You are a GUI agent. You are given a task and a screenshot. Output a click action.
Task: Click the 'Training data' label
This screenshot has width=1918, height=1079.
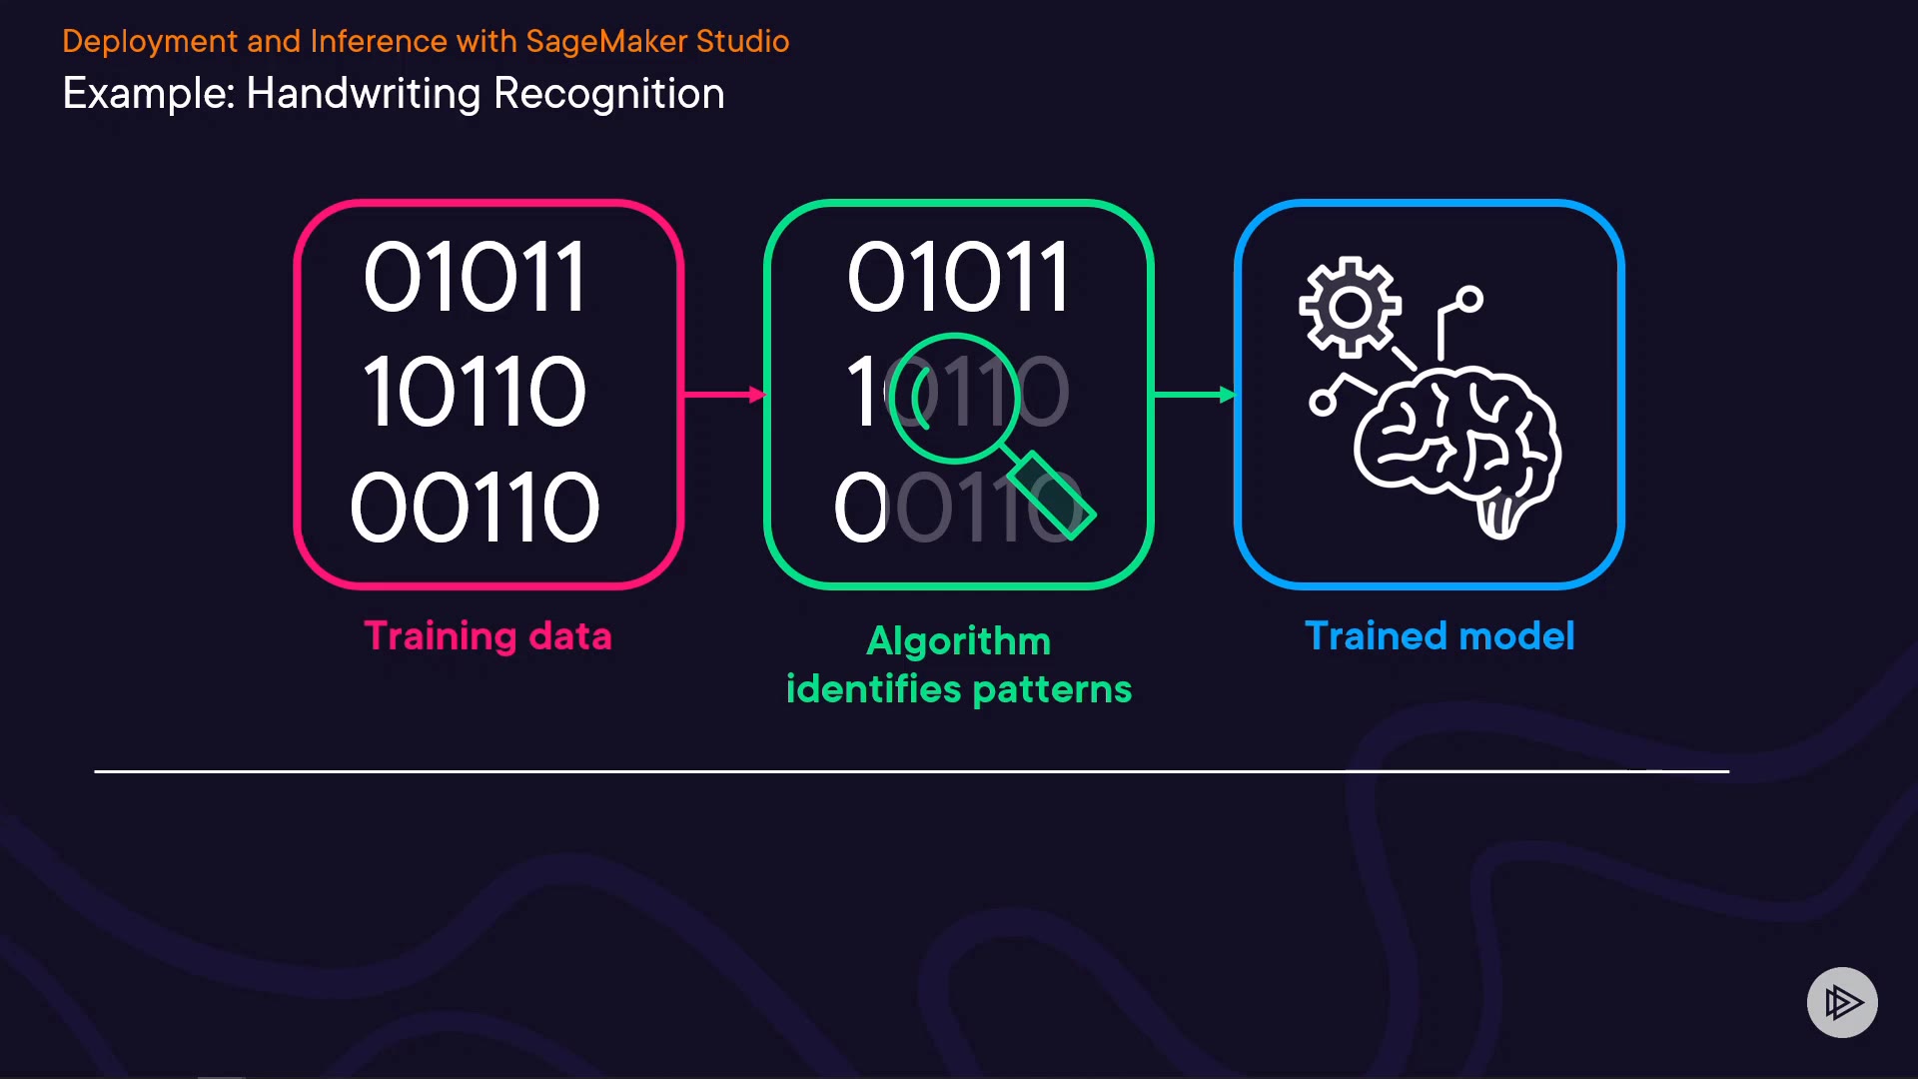(487, 636)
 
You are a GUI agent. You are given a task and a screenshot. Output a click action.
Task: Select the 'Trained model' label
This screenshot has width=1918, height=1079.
(1439, 636)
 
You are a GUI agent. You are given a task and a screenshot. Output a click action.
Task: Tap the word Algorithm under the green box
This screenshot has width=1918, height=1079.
(958, 641)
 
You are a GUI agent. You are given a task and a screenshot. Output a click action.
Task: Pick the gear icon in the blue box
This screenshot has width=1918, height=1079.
(1350, 307)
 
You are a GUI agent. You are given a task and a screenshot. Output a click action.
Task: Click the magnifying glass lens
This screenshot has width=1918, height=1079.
(954, 397)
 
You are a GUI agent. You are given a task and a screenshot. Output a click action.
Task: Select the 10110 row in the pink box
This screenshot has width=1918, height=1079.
(475, 393)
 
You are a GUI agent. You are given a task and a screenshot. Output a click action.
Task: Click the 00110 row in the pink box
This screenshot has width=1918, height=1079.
(475, 509)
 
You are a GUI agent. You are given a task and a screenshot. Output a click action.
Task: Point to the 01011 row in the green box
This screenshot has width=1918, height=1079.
(958, 278)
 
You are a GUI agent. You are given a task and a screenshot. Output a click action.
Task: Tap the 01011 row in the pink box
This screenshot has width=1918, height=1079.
(475, 278)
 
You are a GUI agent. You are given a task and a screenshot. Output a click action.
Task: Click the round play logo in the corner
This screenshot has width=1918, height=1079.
(1842, 1002)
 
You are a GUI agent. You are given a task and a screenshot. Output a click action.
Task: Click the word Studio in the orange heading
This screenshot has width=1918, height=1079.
(742, 41)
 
